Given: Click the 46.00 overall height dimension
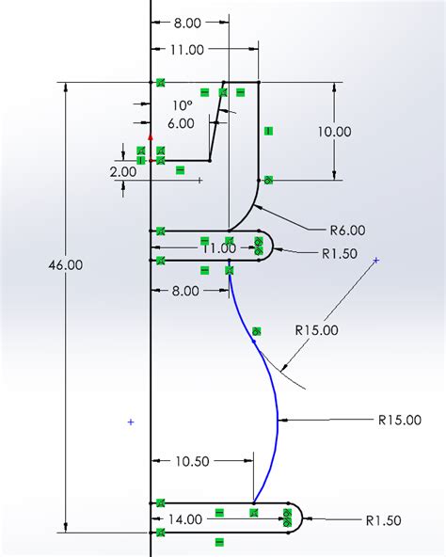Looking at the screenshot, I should click(68, 266).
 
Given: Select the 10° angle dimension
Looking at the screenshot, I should click(183, 105).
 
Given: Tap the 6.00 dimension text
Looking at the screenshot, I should click(182, 123).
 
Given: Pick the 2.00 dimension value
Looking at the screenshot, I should click(122, 171).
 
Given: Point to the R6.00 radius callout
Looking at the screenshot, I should click(347, 230).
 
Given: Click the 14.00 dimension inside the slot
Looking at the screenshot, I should click(185, 518).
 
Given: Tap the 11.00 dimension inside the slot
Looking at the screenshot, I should click(218, 247).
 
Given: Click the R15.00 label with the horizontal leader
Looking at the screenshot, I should click(400, 421).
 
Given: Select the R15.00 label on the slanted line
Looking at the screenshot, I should click(316, 330).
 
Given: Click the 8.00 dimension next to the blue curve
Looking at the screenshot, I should click(185, 291).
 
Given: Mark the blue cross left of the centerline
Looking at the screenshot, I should click(130, 423).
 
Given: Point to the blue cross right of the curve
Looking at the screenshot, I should click(376, 260).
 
